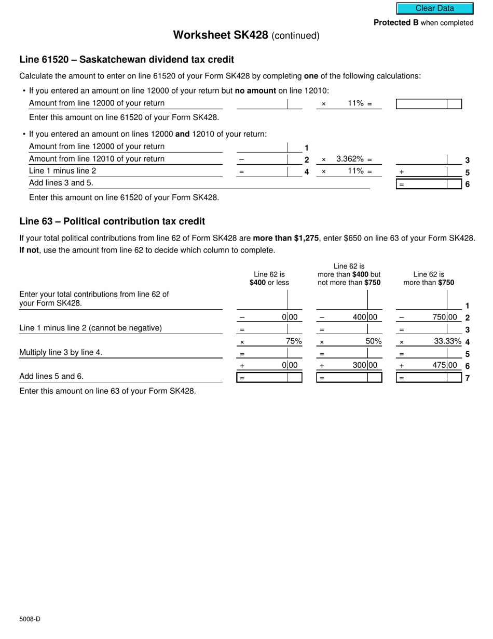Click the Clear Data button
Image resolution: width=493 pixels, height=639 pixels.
(x=435, y=8)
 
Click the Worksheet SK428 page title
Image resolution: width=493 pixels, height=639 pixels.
(x=246, y=35)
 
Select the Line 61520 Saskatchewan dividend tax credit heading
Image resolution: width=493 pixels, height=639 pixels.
(x=127, y=60)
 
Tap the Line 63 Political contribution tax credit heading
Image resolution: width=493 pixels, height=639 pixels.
(x=112, y=221)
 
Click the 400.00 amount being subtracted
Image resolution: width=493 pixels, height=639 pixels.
(x=365, y=317)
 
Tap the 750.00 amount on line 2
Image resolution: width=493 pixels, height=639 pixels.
(x=445, y=317)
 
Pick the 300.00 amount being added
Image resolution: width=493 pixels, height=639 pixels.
(x=365, y=365)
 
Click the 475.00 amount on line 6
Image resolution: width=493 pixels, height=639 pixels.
(x=445, y=365)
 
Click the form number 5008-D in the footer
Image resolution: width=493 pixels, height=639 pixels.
(x=30, y=619)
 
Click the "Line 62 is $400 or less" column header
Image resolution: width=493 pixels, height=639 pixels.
(x=269, y=278)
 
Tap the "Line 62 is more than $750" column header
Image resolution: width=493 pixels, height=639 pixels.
(x=429, y=278)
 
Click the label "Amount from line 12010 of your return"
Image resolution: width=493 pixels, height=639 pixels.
(x=97, y=159)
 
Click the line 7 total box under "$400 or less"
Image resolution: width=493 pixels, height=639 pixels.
(x=269, y=378)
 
